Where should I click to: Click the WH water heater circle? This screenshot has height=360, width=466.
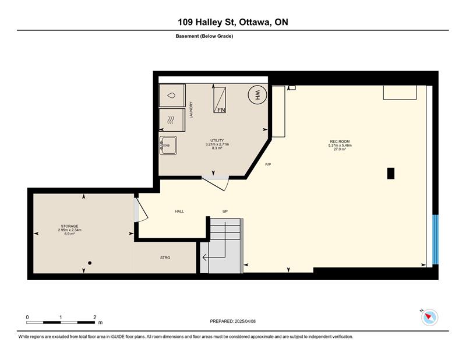pos(257,94)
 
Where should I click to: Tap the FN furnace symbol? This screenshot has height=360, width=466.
pos(220,100)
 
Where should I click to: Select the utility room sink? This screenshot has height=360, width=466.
pos(168,145)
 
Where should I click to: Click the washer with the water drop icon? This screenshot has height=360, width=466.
pos(172,96)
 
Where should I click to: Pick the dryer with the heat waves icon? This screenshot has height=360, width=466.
pos(172,120)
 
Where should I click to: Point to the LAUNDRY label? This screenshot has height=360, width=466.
pos(191,110)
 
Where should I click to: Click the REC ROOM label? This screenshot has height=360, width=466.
pos(340,142)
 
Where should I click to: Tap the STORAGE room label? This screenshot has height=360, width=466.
pos(69,226)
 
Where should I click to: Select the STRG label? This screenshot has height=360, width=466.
pos(165,257)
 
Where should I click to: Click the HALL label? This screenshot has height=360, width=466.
pos(179,211)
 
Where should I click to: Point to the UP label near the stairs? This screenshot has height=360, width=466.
pos(225,211)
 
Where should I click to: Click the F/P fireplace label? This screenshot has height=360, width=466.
pos(268,164)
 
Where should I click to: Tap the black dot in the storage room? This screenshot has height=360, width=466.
pos(90,263)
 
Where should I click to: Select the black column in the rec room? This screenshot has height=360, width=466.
pos(391,174)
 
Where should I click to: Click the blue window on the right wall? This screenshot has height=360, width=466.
pos(435,239)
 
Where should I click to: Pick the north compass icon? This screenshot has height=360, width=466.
pos(429,317)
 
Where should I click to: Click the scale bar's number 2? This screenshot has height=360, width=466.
pos(94,317)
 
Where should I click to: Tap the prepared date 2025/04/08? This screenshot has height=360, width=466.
pos(245,322)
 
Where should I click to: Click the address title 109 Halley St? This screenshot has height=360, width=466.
pos(207,22)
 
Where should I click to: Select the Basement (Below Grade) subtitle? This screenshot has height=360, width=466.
pos(204,36)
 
